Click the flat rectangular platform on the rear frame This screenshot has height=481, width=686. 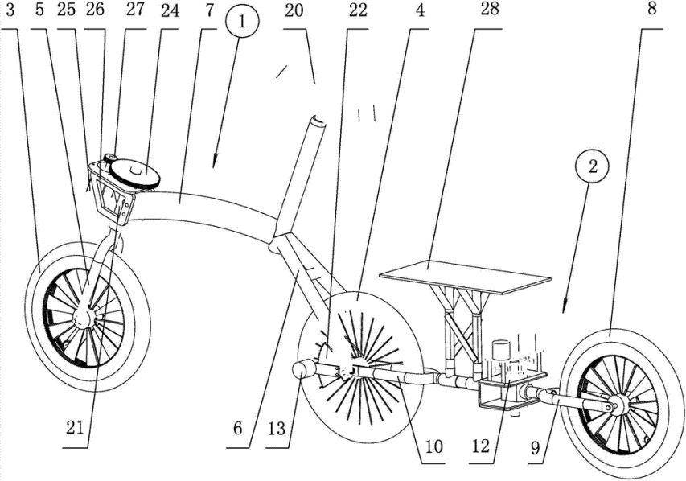click(466, 276)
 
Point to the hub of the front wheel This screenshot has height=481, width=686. click(81, 319)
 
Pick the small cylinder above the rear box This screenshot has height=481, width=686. click(501, 348)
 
